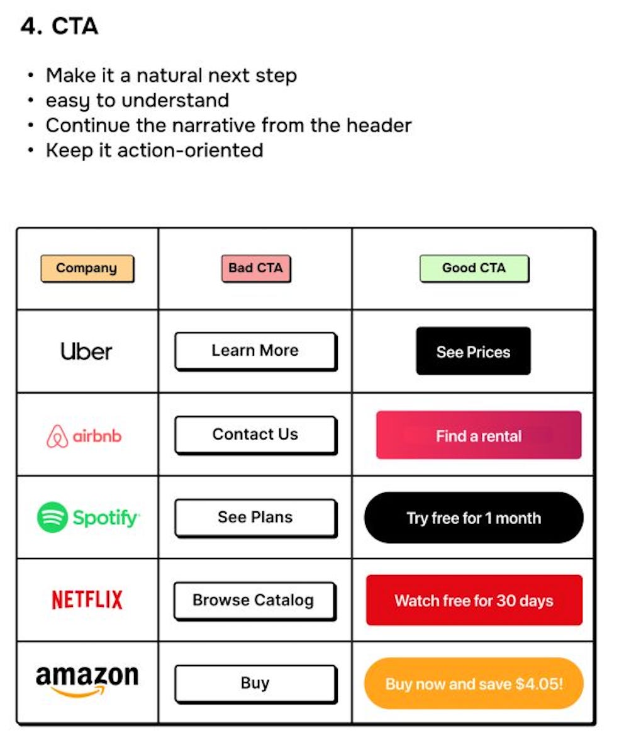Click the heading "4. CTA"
pyautogui.click(x=59, y=26)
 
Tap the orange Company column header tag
pyautogui.click(x=87, y=268)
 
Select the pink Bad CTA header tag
pyautogui.click(x=255, y=268)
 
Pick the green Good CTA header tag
pyautogui.click(x=474, y=268)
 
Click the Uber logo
pyautogui.click(x=87, y=351)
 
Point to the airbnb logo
pyautogui.click(x=84, y=436)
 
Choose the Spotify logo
pyautogui.click(x=88, y=518)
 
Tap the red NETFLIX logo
pyautogui.click(x=87, y=599)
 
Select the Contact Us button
pyautogui.click(x=255, y=434)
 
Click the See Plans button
pyautogui.click(x=255, y=518)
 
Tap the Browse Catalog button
pyautogui.click(x=254, y=600)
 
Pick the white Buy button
pyautogui.click(x=255, y=683)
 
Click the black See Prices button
pyautogui.click(x=473, y=351)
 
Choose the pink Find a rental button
pyautogui.click(x=479, y=435)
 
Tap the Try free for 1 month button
pyautogui.click(x=474, y=518)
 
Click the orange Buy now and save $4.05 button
pyautogui.click(x=474, y=683)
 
